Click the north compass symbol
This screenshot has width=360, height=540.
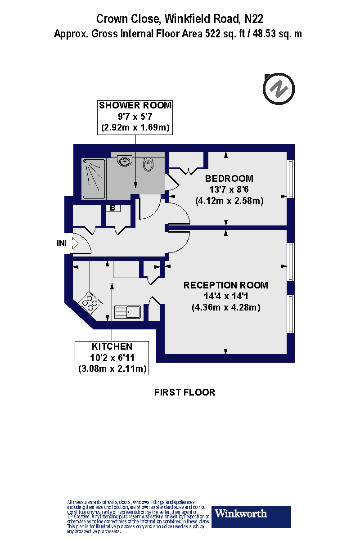[x=279, y=89]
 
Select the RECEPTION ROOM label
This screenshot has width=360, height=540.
[x=225, y=285]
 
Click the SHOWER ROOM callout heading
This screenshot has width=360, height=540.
[x=135, y=105]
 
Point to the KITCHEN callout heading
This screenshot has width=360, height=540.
[x=112, y=346]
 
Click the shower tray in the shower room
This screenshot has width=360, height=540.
[x=94, y=179]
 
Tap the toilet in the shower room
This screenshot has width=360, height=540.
[x=148, y=165]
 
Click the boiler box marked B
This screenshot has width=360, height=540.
[x=112, y=208]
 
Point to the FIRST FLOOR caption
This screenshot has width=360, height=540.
[x=184, y=392]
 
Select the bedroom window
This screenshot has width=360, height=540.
[x=291, y=179]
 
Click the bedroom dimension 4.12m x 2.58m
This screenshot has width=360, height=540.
[x=229, y=201]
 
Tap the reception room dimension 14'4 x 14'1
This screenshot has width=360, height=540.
[x=225, y=297]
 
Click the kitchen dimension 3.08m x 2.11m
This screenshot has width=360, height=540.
[x=112, y=369]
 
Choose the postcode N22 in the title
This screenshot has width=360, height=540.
[x=253, y=19]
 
